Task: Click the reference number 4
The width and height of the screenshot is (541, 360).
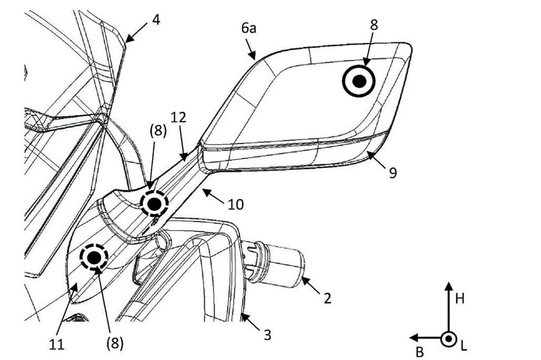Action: click(156, 20)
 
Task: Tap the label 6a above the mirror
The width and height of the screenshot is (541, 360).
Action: click(249, 28)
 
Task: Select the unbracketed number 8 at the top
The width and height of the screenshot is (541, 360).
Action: click(373, 25)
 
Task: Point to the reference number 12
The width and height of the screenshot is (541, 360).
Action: click(179, 117)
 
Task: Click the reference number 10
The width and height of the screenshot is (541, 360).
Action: click(236, 205)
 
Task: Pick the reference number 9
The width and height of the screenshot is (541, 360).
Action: click(393, 173)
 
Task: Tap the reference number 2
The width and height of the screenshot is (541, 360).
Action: click(327, 298)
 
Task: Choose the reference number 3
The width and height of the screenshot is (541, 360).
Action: click(267, 334)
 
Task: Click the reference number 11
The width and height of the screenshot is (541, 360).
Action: click(57, 344)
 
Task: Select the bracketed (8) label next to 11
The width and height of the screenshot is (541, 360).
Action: click(115, 343)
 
